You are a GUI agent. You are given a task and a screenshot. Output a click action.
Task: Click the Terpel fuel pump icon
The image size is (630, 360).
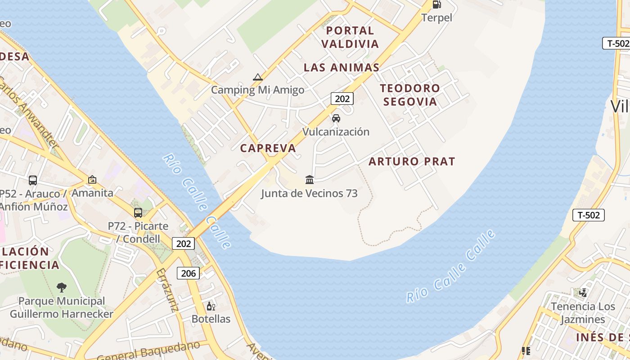coord(436,4)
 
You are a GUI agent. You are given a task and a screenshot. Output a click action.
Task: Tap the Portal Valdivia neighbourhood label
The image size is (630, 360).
coord(350,37)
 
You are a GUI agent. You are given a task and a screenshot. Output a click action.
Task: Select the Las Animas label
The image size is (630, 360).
coord(342,67)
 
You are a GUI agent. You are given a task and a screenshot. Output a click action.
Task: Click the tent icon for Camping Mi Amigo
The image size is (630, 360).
coord(257,77)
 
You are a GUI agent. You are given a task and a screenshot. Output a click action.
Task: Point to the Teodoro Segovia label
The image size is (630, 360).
coord(410,94)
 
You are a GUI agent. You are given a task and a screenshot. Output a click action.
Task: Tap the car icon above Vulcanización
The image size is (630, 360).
coord(336,118)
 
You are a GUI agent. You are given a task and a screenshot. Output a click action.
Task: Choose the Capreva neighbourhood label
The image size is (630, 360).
coord(268,148)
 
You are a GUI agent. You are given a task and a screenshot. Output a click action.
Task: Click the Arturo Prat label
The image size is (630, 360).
coord(412,161)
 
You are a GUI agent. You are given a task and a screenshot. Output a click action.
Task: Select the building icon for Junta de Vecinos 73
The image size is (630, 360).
coord(310,180)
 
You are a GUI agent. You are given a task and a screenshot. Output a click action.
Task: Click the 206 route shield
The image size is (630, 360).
coord(189,273)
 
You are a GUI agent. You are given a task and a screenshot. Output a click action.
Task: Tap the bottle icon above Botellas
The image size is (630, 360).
coord(211,306)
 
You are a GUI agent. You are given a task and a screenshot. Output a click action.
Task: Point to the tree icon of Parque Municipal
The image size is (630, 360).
coord(62,287)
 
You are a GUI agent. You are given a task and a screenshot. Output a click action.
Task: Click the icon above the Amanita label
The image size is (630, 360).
coord(92,180)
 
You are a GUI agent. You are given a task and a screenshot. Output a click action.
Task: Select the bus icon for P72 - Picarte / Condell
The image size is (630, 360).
coord(138,213)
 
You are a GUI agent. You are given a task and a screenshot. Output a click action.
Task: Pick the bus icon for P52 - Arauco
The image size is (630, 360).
coord(33,180)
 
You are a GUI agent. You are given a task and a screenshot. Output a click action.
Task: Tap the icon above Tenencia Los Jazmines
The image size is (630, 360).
coord(583,293)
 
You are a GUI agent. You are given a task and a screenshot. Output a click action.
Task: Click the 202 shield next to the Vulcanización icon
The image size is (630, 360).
coord(342,99)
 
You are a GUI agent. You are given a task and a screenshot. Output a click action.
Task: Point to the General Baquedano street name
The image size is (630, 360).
coord(148,351)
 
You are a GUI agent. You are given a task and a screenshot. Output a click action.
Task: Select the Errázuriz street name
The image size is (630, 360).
coord(167,290)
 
